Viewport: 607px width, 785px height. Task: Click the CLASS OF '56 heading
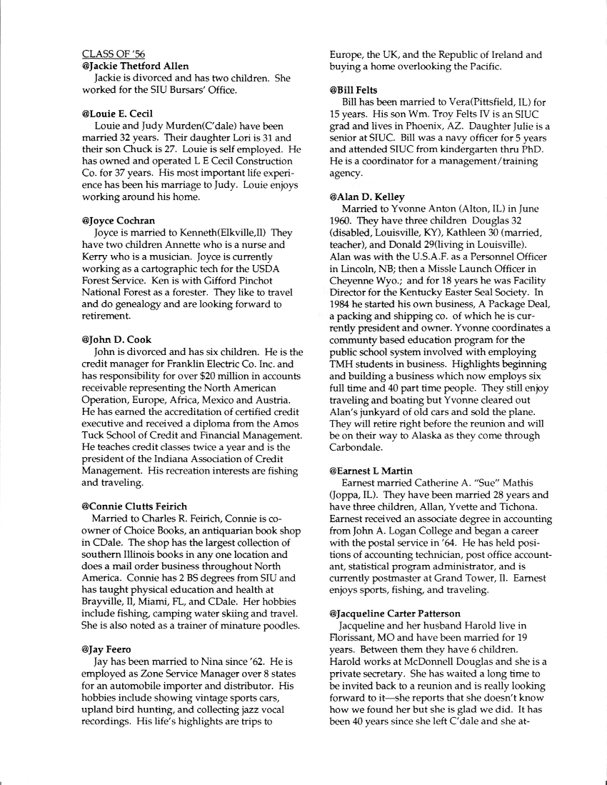114,54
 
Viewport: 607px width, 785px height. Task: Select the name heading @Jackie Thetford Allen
136,66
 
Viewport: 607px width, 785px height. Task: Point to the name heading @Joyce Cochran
119,221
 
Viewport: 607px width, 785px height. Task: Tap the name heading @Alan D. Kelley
367,196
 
